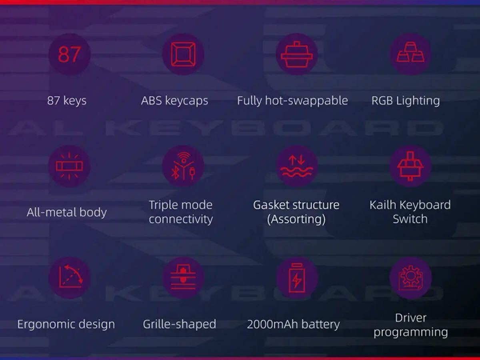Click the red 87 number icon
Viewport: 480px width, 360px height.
pos(69,54)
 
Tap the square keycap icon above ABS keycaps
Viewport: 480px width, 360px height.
pos(183,54)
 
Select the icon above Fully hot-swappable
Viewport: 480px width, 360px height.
pos(297,54)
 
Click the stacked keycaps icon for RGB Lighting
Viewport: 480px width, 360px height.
pos(410,52)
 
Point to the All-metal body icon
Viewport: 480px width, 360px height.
pos(69,166)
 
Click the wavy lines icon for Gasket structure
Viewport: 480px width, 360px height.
pos(297,166)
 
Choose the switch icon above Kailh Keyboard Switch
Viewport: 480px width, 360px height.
pos(410,166)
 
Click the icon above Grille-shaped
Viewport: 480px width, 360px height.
pos(183,277)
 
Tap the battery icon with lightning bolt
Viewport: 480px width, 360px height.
pos(297,278)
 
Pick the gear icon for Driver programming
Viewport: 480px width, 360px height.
pos(410,278)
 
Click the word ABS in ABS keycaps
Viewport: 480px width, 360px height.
pos(151,100)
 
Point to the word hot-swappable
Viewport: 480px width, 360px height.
pos(306,101)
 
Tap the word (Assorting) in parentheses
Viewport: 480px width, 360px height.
pos(296,219)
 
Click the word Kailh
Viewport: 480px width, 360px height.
pos(383,205)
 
